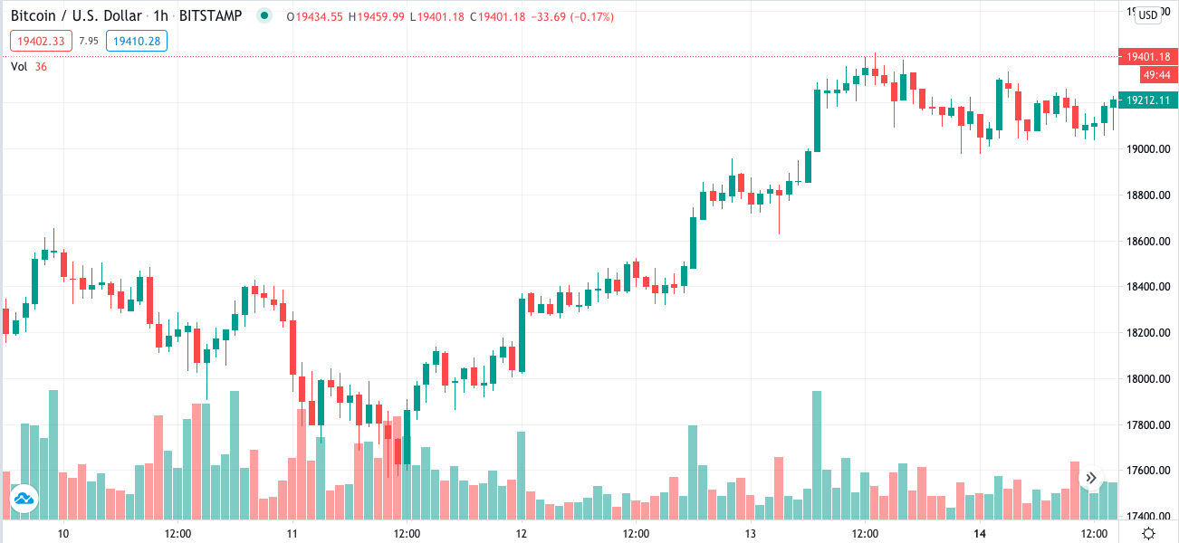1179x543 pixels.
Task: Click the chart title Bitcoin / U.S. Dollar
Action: (76, 16)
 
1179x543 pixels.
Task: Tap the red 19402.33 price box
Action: (41, 41)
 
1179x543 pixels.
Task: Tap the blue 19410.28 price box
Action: (136, 41)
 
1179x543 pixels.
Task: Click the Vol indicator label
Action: (19, 66)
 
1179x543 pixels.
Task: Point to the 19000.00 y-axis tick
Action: (1145, 149)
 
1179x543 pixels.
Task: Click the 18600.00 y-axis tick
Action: (1145, 242)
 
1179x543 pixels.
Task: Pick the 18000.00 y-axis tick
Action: (1145, 379)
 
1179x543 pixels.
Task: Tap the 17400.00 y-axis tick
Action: (1145, 517)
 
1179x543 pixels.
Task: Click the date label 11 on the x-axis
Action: (292, 533)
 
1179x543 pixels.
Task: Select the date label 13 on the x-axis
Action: (750, 533)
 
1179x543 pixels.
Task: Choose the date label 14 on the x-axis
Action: (979, 533)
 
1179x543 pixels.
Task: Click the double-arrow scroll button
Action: (1092, 478)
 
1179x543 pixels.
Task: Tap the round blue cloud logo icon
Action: (24, 499)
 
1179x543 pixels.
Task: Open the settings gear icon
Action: (1148, 533)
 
